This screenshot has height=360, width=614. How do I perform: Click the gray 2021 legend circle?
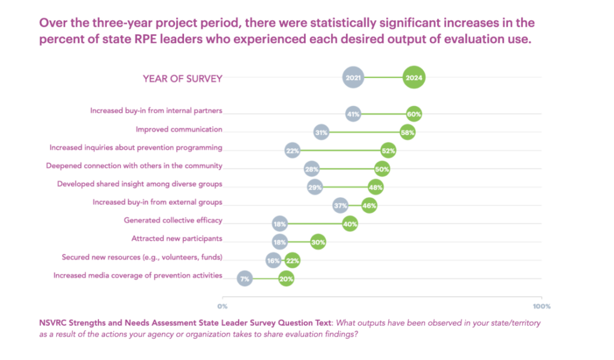point(353,77)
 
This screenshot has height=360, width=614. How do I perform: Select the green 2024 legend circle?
point(414,77)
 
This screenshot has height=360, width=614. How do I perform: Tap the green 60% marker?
point(414,114)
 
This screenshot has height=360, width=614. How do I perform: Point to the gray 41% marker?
point(353,114)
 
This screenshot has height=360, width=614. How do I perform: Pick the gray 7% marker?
point(244,278)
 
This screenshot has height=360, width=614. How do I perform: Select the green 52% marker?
point(389,151)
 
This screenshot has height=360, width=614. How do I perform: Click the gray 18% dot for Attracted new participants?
point(279,242)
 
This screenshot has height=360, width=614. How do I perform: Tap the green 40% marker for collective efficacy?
point(350,224)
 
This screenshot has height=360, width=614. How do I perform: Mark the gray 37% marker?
point(341,206)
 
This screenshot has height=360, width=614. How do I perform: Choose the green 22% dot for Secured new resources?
point(292,260)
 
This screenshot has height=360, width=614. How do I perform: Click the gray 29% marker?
point(315,187)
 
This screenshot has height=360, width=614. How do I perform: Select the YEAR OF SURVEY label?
point(182,78)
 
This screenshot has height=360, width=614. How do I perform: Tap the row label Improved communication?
point(179,129)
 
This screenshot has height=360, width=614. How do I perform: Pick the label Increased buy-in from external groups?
point(157,202)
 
